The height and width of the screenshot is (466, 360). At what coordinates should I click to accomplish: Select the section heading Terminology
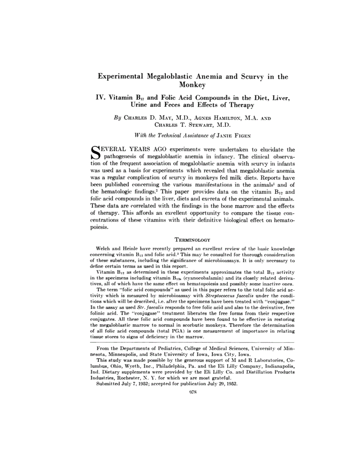[192, 240]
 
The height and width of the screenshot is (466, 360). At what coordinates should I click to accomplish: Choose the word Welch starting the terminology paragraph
[104, 249]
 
